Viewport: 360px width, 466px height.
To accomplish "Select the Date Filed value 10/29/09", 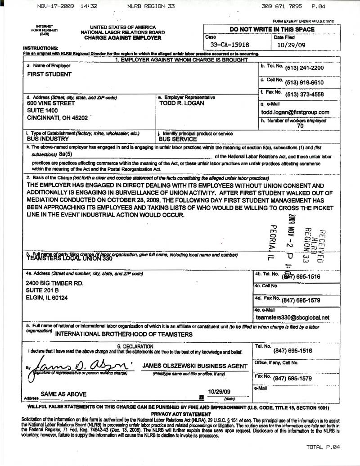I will [291, 45].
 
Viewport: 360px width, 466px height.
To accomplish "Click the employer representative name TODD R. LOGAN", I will [182, 103].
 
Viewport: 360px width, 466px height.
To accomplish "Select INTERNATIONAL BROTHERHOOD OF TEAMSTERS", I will [124, 334].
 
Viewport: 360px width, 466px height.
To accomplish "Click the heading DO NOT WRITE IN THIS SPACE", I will [272, 30].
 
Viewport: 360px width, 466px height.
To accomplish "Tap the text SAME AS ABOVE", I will [63, 394].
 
